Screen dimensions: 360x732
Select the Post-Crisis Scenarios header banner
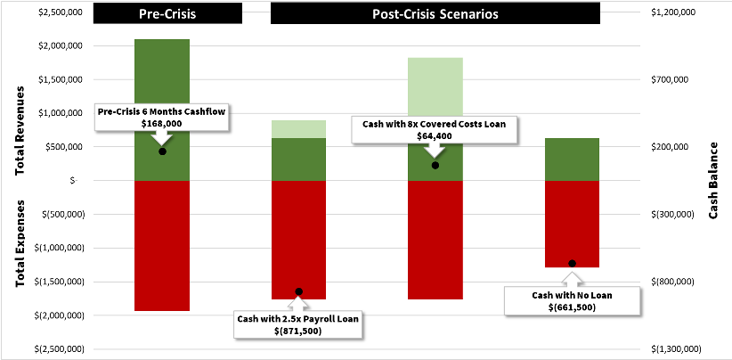[x=435, y=15]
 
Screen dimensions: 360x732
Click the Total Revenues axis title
[x=20, y=128]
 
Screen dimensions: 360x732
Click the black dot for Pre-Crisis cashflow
[x=162, y=151]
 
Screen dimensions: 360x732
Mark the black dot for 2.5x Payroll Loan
[x=299, y=291]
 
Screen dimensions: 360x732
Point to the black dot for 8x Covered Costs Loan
[x=435, y=166]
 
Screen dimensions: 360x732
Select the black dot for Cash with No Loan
[x=573, y=263]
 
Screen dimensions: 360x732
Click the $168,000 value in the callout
[x=161, y=123]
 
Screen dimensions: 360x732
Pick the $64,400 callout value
[x=435, y=136]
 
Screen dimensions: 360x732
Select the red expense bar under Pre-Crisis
[x=162, y=245]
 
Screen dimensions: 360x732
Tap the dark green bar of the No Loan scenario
[x=572, y=160]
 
